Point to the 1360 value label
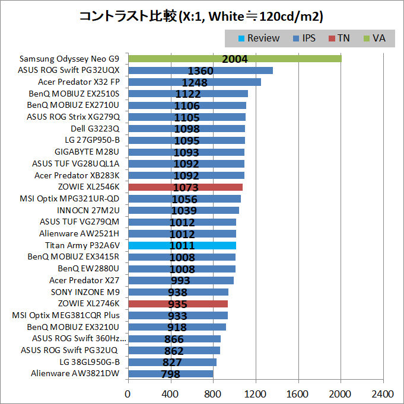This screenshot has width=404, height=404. pos(200,71)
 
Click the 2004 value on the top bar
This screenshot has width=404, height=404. pos(234,59)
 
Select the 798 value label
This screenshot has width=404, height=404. pos(171,374)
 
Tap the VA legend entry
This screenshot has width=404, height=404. pos(374,38)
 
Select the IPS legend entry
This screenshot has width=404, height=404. pos(304,38)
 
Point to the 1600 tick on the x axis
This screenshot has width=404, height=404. pos(298,393)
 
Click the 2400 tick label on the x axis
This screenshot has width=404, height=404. pos(383,393)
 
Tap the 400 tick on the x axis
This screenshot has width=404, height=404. pos(170,393)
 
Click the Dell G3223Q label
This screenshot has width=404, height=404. pos(95,129)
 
